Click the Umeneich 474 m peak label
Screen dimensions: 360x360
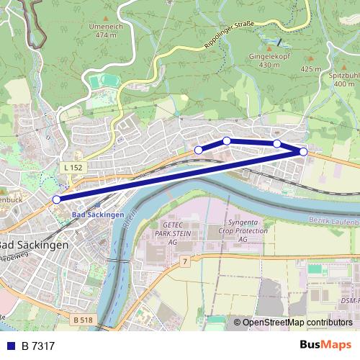coord(105,30)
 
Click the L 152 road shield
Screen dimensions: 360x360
coord(73,167)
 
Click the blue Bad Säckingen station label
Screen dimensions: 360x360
coord(98,215)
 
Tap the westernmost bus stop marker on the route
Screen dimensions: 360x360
coord(56,199)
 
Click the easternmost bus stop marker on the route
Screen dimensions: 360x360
coord(303,152)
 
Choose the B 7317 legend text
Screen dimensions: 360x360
coord(38,346)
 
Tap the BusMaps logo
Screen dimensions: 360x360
coord(325,346)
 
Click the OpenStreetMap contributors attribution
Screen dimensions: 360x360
coord(292,323)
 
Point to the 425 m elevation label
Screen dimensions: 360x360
coord(311,69)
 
